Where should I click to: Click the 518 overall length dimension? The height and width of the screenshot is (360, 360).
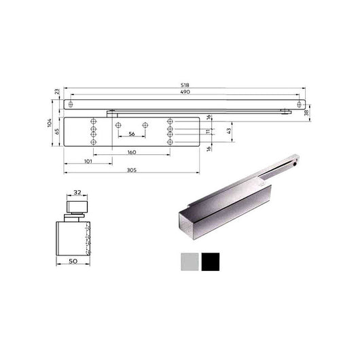coord(186,86)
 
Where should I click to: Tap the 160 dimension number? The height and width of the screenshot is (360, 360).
coord(131,152)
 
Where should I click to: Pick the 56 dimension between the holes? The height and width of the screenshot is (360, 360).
coord(131,134)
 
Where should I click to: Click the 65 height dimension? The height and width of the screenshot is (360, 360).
coord(58,130)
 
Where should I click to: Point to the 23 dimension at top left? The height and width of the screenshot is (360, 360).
coord(56,92)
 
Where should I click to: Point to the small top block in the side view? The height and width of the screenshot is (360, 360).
coord(77,206)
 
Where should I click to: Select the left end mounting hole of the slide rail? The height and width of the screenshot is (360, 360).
coord(71,105)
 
